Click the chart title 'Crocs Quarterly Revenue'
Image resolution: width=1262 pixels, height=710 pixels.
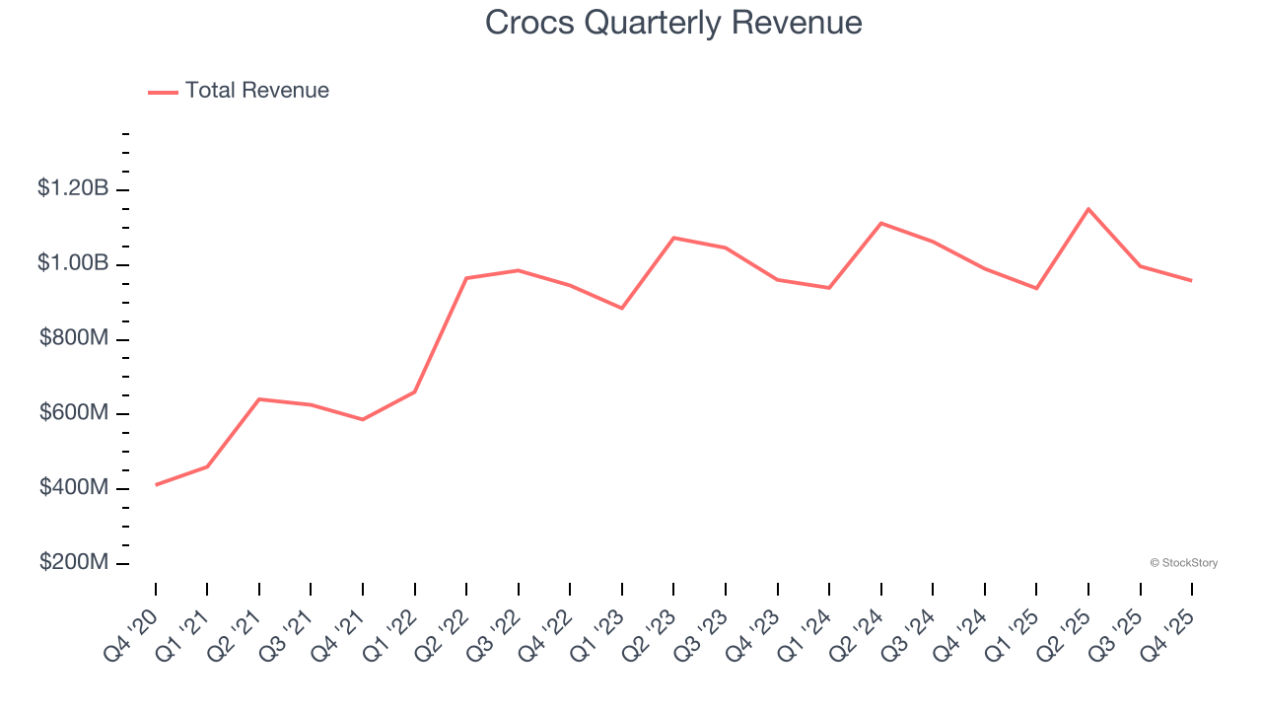coord(673,23)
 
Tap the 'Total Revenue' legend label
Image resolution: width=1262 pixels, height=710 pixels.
coord(256,91)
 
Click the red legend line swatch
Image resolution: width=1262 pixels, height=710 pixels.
coord(163,92)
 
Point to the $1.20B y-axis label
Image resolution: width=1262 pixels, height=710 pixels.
coord(73,187)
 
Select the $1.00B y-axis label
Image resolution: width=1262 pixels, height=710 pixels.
coord(73,263)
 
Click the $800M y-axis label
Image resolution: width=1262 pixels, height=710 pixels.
coord(73,338)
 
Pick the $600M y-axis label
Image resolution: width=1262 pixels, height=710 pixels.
coord(73,413)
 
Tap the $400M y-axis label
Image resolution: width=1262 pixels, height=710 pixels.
coord(73,488)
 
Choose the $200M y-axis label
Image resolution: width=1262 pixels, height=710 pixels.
coord(73,562)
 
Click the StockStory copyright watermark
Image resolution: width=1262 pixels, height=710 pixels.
coord(1183,563)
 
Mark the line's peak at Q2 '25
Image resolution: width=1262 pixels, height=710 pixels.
coord(1088,209)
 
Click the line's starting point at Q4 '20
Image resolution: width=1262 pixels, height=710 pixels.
coord(156,485)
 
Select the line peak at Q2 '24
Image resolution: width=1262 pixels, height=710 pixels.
coord(880,223)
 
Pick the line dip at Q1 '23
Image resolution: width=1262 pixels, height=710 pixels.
coord(622,309)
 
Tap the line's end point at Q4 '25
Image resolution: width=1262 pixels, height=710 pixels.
coord(1192,281)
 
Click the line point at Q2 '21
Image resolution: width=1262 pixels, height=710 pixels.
coord(259,399)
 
